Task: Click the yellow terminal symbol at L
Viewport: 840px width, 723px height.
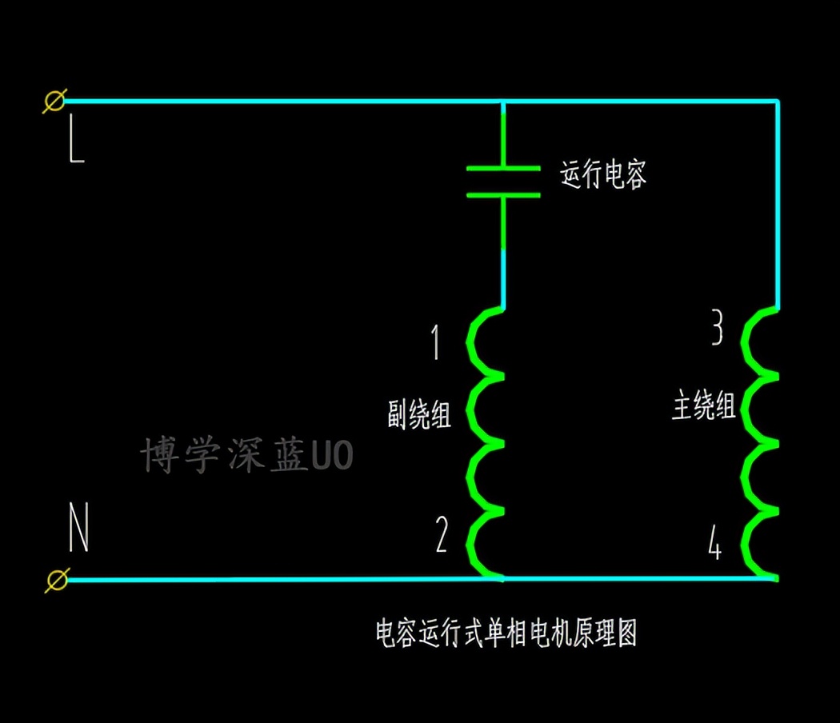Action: click(x=54, y=102)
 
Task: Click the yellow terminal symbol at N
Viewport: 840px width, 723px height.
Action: click(x=56, y=579)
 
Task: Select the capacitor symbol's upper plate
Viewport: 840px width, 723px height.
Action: click(x=502, y=169)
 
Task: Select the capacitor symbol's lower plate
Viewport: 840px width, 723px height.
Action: click(x=502, y=194)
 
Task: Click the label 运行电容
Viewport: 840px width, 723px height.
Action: click(x=603, y=174)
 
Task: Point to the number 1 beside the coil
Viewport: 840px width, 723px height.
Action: click(x=436, y=342)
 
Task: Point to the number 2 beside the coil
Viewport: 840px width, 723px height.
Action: click(x=442, y=536)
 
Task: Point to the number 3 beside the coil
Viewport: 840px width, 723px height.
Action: click(x=718, y=328)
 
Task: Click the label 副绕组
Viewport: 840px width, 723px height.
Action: click(x=419, y=415)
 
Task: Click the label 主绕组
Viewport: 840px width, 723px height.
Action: click(x=703, y=406)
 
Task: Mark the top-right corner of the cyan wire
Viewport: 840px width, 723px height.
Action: click(x=778, y=102)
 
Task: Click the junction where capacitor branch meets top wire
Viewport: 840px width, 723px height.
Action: click(x=502, y=102)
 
